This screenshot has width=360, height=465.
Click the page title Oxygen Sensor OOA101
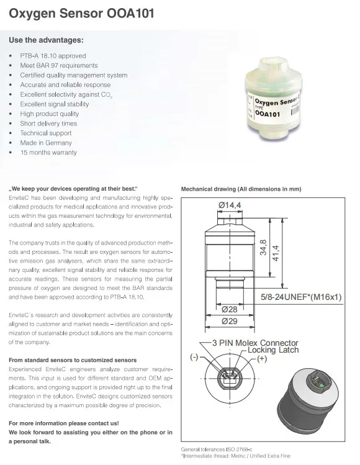[81, 14]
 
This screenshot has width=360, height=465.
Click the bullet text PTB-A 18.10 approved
[53, 56]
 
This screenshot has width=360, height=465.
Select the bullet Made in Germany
[46, 143]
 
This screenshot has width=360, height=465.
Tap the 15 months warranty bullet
[48, 153]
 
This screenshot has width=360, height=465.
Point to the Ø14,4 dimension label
[230, 205]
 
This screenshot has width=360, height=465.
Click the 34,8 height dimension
[263, 247]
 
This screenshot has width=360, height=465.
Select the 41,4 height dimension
[276, 253]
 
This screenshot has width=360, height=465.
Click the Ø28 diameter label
[230, 309]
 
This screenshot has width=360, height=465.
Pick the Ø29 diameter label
[230, 321]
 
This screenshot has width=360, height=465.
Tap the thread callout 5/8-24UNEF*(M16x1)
[301, 297]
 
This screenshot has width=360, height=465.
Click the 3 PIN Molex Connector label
[255, 343]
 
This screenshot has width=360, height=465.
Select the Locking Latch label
[273, 350]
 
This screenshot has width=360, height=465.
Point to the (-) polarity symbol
[194, 357]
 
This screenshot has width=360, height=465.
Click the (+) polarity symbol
[262, 359]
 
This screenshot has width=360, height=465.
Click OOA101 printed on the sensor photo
[268, 114]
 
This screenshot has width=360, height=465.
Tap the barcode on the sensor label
[295, 111]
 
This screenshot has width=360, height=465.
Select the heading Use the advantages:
[47, 40]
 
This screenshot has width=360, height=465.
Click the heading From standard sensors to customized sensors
[73, 360]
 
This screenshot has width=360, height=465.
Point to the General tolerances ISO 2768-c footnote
[217, 449]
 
